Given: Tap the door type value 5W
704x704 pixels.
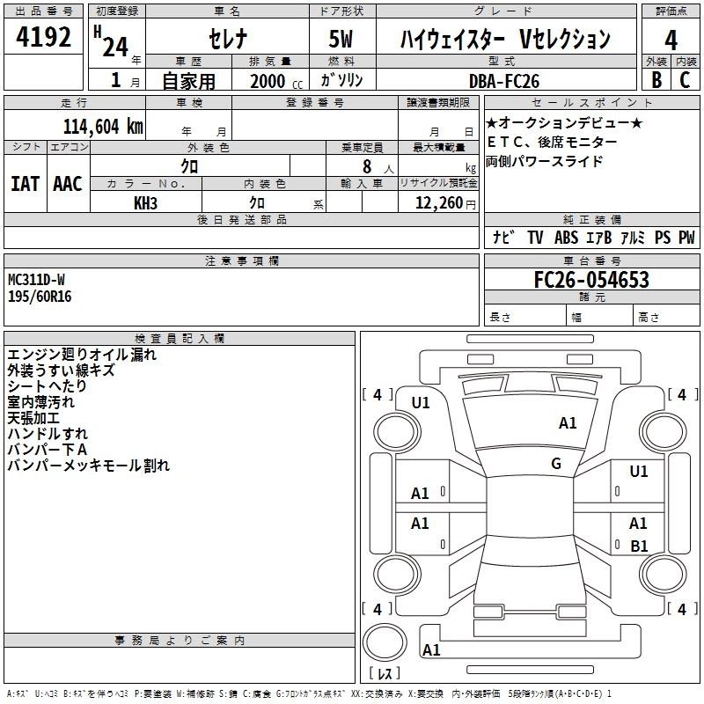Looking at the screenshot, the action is coord(342,40).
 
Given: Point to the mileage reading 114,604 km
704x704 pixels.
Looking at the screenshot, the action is coord(102,126).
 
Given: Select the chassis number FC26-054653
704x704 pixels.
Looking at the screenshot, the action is coord(591,280).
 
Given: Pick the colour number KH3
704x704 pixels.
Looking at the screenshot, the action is coord(146,202).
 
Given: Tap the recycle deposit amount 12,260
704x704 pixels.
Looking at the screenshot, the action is coord(436,202).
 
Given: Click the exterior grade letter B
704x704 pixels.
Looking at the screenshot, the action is coord(656,80).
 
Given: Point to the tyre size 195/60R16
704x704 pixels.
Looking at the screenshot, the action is coord(40,296).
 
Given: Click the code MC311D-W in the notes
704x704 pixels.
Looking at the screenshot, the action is coord(37,280).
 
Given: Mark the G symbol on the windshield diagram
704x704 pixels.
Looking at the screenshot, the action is coord(556,464).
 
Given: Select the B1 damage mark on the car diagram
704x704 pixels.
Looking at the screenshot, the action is coord(639,546).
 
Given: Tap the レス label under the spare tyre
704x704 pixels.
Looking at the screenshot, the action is coord(384,674).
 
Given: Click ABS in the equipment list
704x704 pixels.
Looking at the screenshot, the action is coord(566,238).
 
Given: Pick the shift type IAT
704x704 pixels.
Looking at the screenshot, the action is coord(25,183).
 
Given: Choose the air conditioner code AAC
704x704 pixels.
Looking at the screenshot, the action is coord(67,183).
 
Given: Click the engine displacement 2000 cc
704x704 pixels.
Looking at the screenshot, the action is coord(272,81).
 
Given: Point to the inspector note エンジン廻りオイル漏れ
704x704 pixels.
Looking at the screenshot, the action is coord(82,355).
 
